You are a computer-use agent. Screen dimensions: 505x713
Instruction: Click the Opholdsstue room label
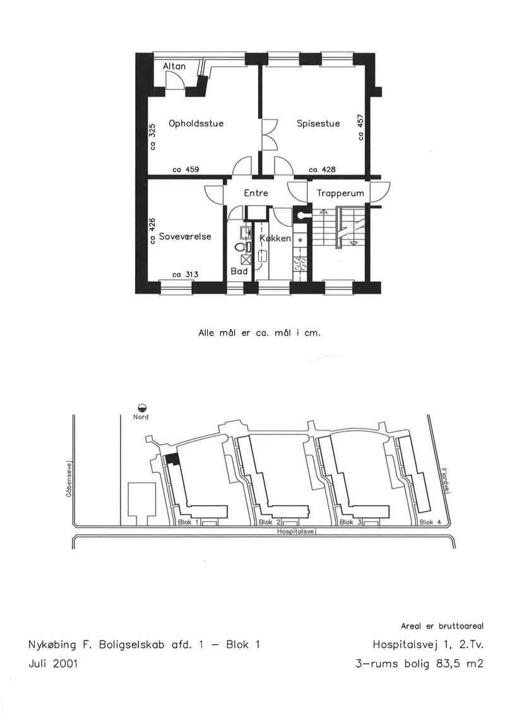196,123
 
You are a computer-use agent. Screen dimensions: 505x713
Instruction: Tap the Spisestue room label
318,123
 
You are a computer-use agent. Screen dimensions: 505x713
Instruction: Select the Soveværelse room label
185,236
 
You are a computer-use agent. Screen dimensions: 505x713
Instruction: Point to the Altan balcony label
174,66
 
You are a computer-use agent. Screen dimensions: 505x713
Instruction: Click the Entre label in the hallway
256,193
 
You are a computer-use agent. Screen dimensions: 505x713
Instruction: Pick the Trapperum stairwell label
340,194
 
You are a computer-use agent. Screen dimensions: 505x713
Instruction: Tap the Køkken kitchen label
275,238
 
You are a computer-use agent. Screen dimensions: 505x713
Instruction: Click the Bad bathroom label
239,271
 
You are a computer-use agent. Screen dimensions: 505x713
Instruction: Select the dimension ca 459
186,169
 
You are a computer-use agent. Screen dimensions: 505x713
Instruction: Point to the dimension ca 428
322,169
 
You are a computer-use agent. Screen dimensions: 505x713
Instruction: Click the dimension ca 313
186,274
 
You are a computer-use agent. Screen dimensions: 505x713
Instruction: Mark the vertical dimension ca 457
360,127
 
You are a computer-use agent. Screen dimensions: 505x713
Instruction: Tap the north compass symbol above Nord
141,408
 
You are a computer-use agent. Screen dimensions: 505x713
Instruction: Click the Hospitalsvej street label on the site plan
297,531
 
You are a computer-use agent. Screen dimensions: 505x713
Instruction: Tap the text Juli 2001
53,663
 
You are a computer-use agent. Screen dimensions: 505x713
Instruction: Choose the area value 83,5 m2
460,663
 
